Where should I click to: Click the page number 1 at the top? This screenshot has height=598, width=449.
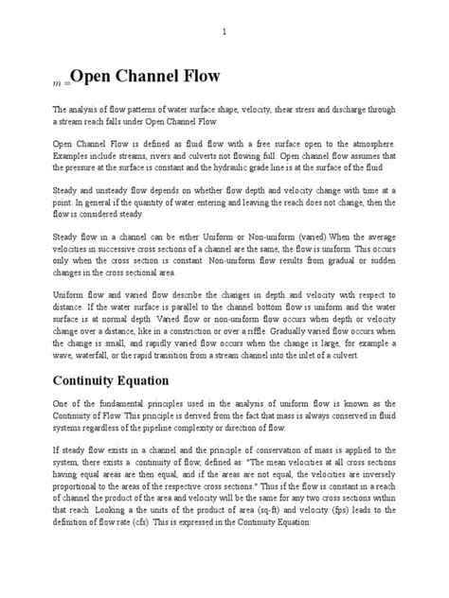pos(224,32)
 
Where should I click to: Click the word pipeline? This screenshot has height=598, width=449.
pos(172,428)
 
